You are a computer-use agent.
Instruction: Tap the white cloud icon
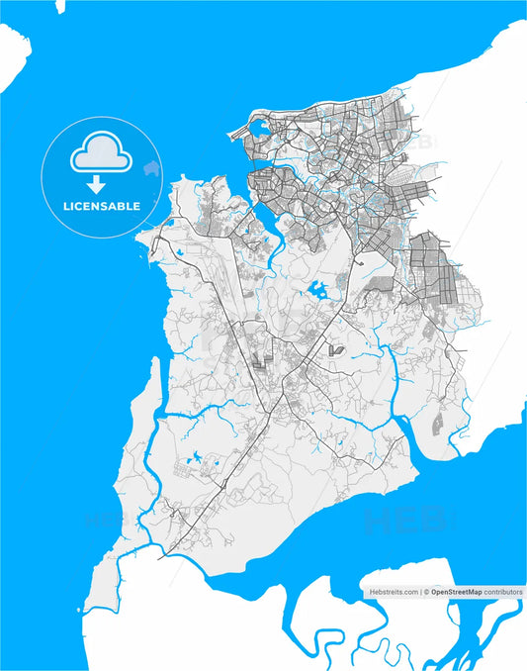click(99, 152)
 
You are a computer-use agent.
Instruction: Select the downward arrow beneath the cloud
click(97, 184)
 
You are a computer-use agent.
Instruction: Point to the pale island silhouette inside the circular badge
click(151, 169)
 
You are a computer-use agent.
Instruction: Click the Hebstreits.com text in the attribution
click(394, 591)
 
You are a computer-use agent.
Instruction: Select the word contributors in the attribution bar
click(503, 591)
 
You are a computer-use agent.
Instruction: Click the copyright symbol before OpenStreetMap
click(426, 591)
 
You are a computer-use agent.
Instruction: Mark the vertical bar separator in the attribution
click(421, 591)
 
